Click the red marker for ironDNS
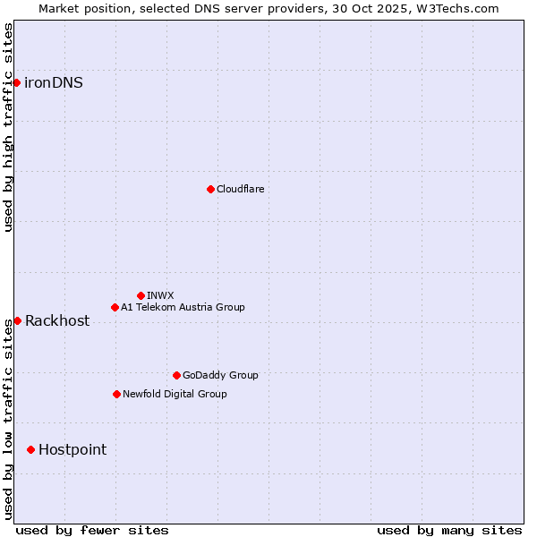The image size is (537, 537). coord(16,83)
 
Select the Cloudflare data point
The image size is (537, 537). coord(210,189)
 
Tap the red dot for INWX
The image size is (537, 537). coord(141,295)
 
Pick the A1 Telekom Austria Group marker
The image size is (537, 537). coord(115,307)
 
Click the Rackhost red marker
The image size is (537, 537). coord(17,320)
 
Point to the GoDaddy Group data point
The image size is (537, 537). coord(176,375)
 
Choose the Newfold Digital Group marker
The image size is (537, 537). coord(116,394)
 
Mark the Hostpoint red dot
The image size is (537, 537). coord(30,449)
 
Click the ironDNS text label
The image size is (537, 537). coord(54,83)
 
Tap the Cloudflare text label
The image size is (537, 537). coord(240,189)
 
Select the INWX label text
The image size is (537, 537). coord(160,295)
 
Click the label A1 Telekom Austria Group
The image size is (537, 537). coord(183,307)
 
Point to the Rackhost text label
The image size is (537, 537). coord(57,321)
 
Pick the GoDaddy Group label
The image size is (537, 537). coord(220,375)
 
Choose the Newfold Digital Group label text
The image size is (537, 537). coord(175,394)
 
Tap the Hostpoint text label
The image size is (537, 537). coord(72,450)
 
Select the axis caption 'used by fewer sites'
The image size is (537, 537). coord(92,530)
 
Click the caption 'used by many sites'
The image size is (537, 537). coord(449,530)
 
